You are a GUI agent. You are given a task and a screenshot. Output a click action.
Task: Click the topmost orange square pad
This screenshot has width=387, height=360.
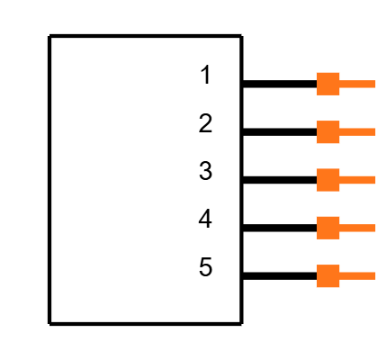click(328, 84)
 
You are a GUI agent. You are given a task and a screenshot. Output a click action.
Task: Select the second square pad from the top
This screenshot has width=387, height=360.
click(328, 132)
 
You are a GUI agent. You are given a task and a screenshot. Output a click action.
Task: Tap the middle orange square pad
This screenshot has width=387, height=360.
click(328, 180)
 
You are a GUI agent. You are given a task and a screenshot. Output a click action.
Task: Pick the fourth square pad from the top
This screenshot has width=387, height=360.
click(328, 228)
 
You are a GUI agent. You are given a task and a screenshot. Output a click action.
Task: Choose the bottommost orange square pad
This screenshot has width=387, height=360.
click(328, 276)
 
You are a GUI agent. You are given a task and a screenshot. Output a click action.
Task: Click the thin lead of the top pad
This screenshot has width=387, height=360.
click(357, 84)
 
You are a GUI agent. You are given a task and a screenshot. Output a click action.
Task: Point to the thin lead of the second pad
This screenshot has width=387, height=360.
click(357, 132)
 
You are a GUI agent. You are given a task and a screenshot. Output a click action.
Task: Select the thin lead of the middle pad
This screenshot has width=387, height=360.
click(357, 180)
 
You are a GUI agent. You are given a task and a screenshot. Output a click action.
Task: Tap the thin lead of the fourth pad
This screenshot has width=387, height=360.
click(357, 228)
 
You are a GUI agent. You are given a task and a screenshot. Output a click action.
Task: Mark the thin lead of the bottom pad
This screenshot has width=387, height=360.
click(357, 276)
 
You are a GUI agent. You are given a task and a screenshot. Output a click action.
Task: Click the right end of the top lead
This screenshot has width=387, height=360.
click(373, 84)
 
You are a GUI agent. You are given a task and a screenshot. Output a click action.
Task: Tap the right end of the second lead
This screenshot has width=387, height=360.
click(373, 132)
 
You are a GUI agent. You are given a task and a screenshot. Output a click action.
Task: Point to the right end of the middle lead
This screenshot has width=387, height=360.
click(373, 180)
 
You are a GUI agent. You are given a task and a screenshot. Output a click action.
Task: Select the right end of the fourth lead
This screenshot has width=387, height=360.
click(373, 228)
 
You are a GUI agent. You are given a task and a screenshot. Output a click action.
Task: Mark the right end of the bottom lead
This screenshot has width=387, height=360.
click(373, 276)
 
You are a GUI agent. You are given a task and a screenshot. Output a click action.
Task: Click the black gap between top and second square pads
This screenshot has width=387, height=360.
click(328, 108)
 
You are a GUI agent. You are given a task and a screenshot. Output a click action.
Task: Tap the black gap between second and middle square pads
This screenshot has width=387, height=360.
click(328, 156)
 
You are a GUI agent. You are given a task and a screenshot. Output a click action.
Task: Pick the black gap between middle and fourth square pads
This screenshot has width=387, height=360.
click(328, 204)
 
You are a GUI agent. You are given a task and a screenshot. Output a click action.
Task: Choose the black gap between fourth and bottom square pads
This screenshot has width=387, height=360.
click(328, 252)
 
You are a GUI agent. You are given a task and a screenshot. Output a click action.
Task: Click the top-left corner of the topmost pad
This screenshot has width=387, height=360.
click(317, 73)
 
